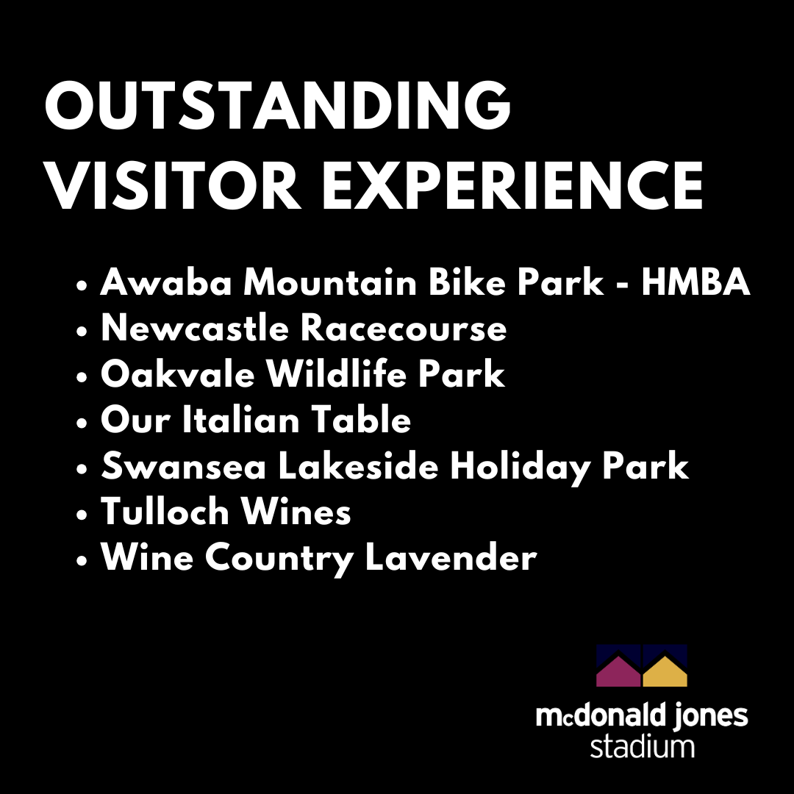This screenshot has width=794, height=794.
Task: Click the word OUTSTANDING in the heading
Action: point(278,106)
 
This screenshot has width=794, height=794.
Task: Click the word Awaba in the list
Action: point(166,282)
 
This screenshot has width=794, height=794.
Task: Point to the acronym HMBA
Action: point(695,282)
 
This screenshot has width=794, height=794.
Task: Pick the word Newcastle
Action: point(195,328)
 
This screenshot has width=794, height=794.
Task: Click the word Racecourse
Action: point(404,328)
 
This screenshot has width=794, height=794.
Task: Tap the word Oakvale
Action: point(177,373)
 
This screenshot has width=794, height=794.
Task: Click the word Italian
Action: point(240,419)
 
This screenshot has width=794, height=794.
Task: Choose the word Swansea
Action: point(183,465)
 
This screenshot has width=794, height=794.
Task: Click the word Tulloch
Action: point(165,511)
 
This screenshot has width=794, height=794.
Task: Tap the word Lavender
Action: point(451,557)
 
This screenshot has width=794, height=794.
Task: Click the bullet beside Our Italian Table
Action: point(82,423)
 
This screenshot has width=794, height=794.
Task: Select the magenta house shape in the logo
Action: point(618,673)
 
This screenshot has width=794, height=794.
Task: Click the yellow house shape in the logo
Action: point(665,673)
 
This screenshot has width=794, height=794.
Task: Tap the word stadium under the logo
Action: point(642,746)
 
